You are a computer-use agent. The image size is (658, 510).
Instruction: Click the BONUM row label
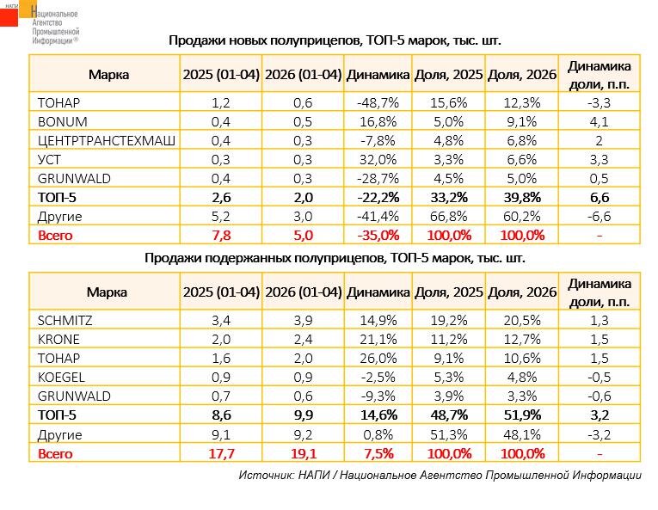pos(63,122)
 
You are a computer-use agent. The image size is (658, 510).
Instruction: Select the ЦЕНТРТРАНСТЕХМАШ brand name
pos(107,141)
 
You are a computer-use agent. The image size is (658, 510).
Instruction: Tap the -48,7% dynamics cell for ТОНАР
pos(378,103)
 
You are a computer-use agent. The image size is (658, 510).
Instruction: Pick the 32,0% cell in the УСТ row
pos(378,159)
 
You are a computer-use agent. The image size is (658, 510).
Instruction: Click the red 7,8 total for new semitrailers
pos(221,235)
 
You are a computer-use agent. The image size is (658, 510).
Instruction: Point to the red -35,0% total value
pos(378,235)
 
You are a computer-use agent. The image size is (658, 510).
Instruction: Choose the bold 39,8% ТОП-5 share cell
pos(522,197)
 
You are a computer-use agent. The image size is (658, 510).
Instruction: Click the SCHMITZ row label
pos(65,321)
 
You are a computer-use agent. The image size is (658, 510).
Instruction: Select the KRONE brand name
pos(58,339)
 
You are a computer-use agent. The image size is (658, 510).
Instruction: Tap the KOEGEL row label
pos(61,377)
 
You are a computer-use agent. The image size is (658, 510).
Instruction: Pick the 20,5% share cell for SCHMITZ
pos(522,321)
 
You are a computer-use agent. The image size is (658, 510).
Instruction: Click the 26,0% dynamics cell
pos(378,358)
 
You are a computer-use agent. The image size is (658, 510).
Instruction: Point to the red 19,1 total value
pos(304,454)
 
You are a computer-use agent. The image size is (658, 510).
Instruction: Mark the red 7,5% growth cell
pos(378,454)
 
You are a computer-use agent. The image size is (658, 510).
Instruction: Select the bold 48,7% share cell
pos(449,415)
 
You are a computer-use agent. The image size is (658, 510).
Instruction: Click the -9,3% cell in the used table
pos(378,396)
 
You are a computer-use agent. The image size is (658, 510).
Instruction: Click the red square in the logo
pos(9,17)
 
